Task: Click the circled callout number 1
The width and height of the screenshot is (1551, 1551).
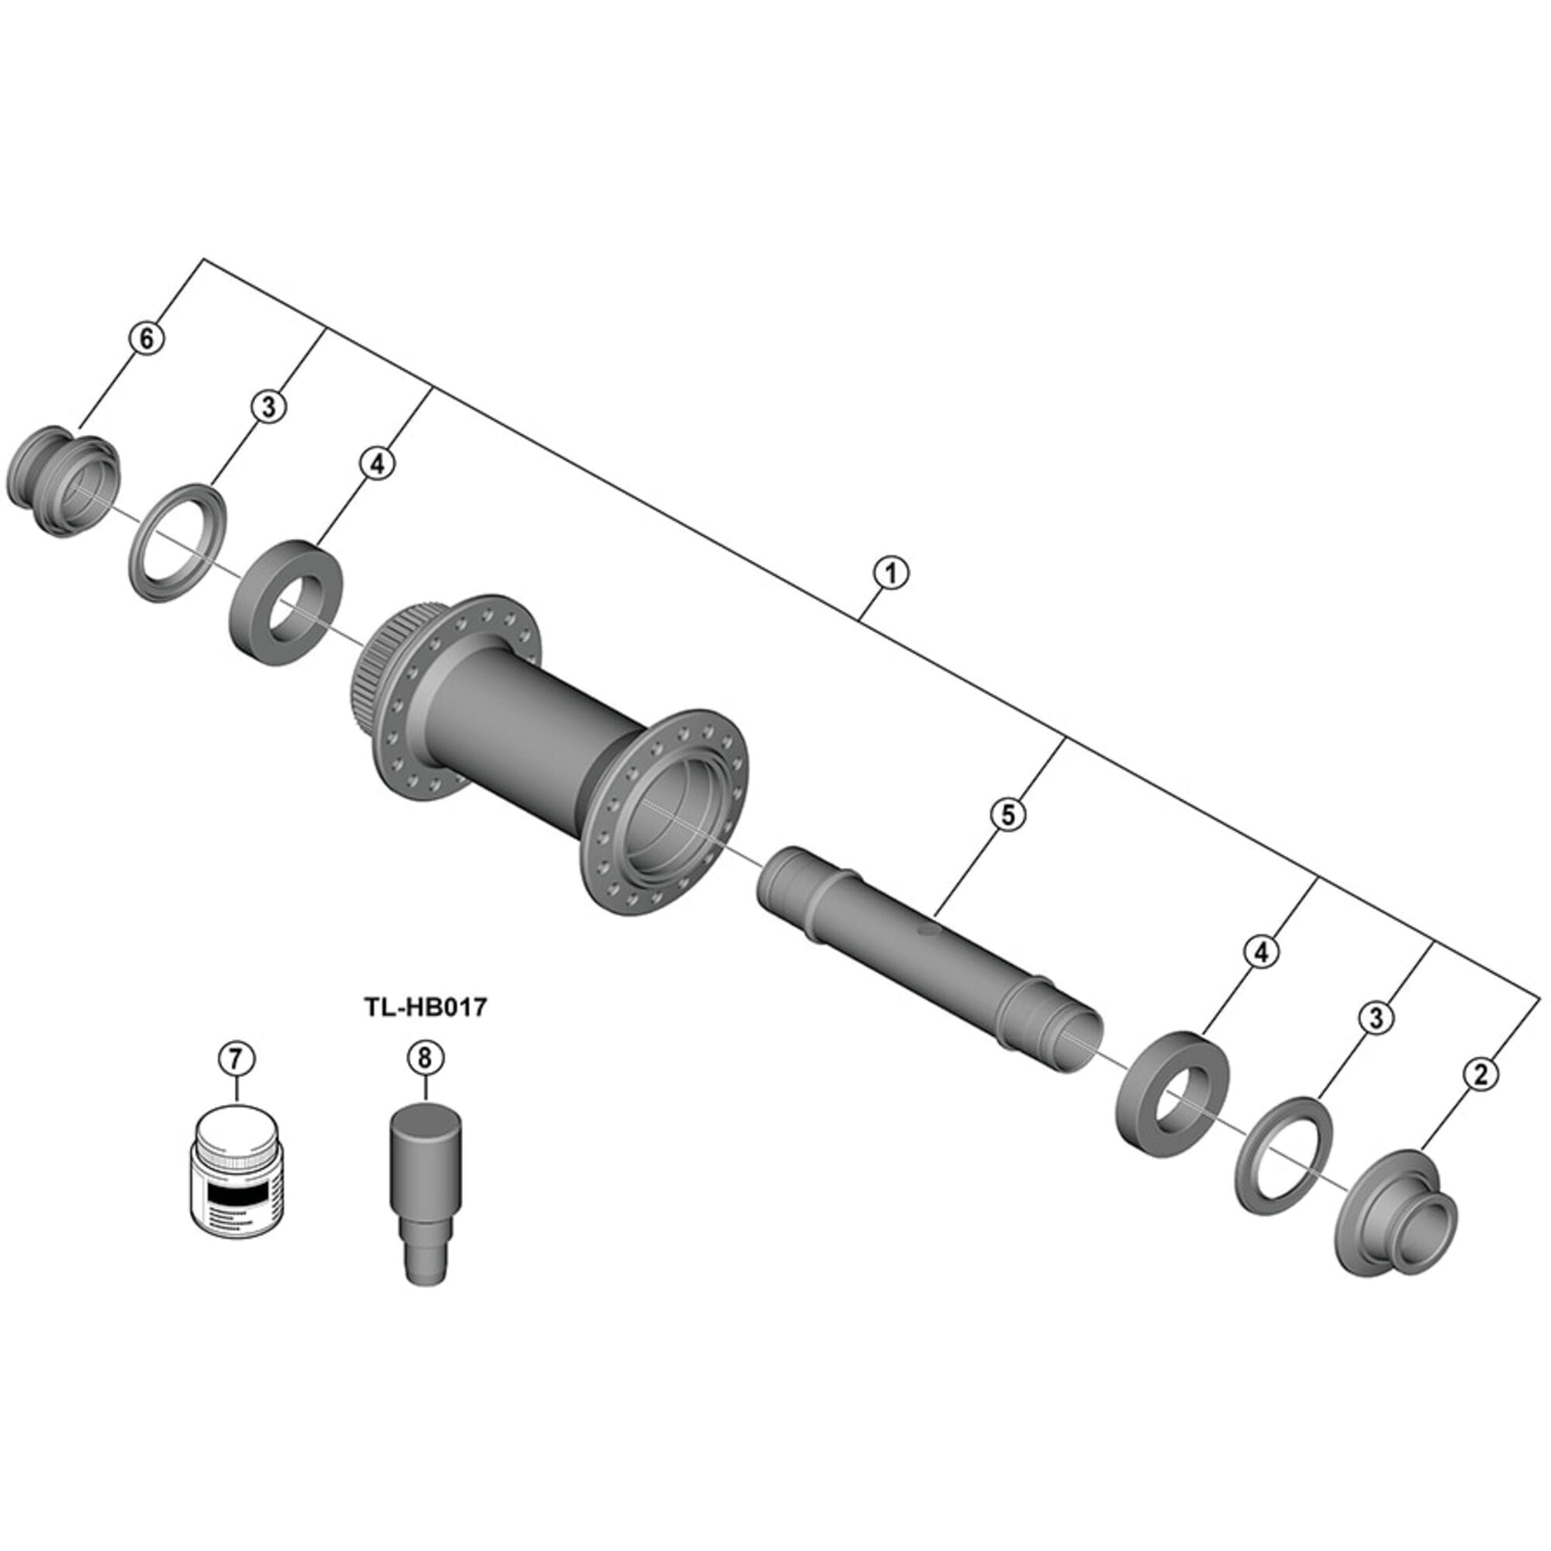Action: (891, 574)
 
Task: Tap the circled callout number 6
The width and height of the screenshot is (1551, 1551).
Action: (146, 338)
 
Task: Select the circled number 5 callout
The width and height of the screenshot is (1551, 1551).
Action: (1008, 815)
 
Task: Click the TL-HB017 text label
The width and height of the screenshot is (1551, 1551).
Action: (427, 1006)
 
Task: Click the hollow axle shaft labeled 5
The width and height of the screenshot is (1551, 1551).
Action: (923, 955)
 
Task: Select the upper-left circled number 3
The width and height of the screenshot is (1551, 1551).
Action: (268, 406)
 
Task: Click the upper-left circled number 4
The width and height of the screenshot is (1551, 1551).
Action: (378, 463)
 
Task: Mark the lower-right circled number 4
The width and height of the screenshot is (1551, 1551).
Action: (1261, 952)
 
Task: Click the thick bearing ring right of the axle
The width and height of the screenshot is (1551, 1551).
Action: (1172, 1091)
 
